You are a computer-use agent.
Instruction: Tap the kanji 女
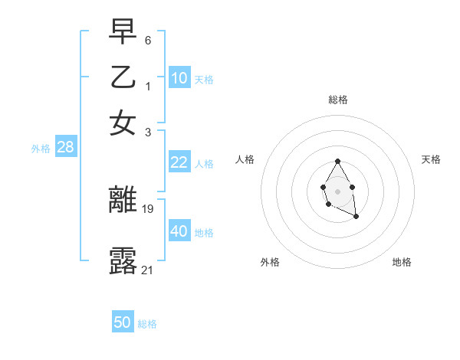[123, 122]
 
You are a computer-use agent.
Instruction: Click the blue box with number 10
[179, 78]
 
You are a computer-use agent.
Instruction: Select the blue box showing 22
[179, 162]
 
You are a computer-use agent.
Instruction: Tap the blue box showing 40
[179, 231]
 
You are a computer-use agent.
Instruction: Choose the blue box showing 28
[66, 148]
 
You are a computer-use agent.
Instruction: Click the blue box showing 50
[123, 322]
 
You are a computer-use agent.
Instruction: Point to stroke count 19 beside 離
[148, 208]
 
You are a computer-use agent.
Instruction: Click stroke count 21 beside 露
[148, 269]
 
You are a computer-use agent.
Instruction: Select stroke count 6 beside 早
[148, 39]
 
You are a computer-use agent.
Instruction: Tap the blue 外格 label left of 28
[41, 149]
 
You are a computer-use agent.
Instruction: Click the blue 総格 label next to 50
[147, 324]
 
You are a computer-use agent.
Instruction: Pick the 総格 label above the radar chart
[338, 100]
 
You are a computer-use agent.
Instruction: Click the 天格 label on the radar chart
[431, 159]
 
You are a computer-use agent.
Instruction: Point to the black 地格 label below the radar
[402, 262]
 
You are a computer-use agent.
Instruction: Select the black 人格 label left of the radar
[245, 159]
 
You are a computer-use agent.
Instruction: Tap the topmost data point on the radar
[338, 161]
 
